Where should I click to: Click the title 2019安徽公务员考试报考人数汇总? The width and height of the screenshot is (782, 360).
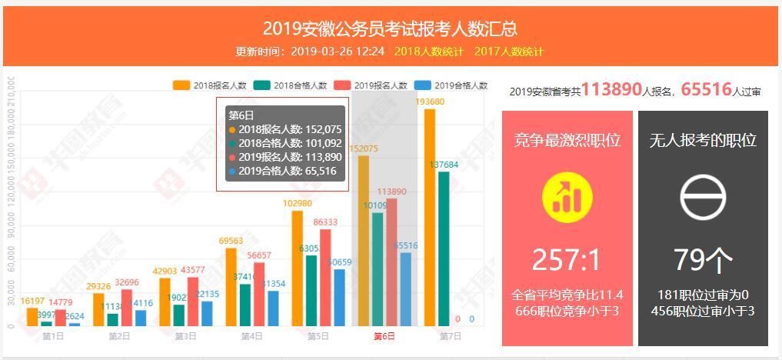click(390, 28)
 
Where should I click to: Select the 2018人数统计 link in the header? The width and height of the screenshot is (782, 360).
click(428, 52)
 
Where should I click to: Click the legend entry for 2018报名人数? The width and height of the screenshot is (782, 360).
click(210, 85)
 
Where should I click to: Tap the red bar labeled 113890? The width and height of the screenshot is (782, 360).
click(391, 262)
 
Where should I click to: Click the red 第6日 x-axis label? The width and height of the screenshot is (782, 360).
click(384, 336)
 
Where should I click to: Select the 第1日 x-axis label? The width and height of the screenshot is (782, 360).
click(53, 336)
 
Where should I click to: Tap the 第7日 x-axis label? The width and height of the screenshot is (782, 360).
click(451, 336)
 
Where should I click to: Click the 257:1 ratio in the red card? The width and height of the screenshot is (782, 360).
click(567, 260)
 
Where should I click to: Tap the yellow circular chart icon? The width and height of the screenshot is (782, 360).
click(567, 196)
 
